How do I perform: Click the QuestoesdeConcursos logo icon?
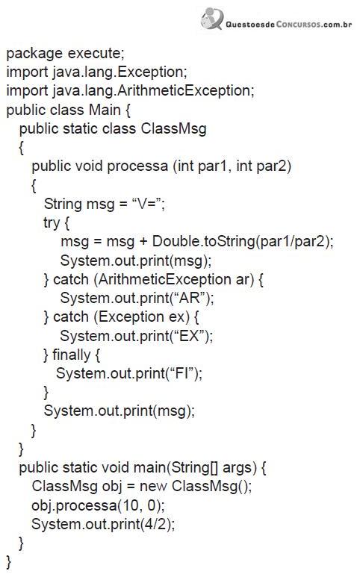pyautogui.click(x=212, y=19)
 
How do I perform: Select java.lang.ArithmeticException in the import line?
pyautogui.click(x=152, y=90)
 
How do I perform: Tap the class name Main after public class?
pyautogui.click(x=105, y=110)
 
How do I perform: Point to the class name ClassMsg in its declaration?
pyautogui.click(x=173, y=128)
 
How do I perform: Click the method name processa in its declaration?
pyautogui.click(x=137, y=166)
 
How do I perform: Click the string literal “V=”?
pyautogui.click(x=146, y=204)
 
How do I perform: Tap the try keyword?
pyautogui.click(x=52, y=223)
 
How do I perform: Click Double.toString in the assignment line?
pyautogui.click(x=203, y=241)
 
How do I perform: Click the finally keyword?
pyautogui.click(x=72, y=355)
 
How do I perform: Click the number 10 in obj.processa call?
pyautogui.click(x=130, y=505)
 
